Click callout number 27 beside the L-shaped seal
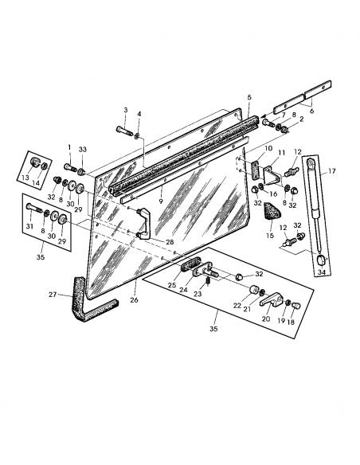pyautogui.click(x=52, y=295)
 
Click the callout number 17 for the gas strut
pyautogui.click(x=331, y=170)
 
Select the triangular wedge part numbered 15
pyautogui.click(x=273, y=212)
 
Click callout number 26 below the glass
pyautogui.click(x=135, y=300)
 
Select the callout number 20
pyautogui.click(x=265, y=318)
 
